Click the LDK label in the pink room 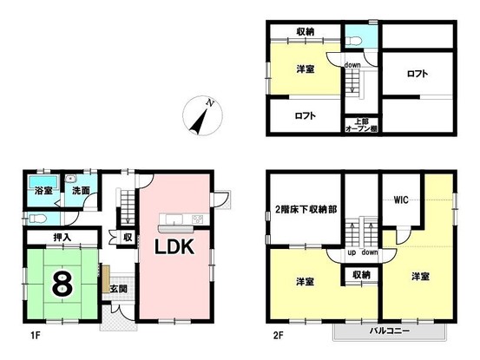click(x=178, y=247)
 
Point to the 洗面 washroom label click(x=81, y=190)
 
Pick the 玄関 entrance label click(x=118, y=289)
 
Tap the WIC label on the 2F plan click(x=400, y=200)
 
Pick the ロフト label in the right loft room click(x=418, y=74)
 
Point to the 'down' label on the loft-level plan click(x=352, y=65)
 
